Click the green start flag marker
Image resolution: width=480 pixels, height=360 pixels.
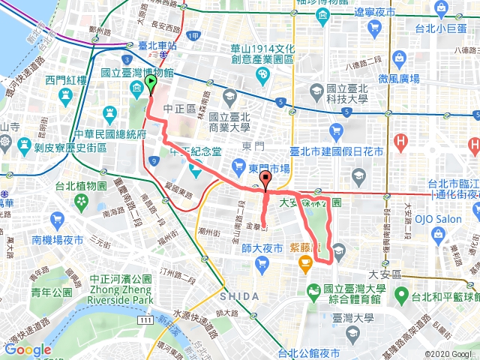click(x=151, y=82)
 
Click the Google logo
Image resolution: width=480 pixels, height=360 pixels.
click(x=27, y=349)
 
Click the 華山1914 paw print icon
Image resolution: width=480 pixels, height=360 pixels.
click(x=263, y=74)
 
